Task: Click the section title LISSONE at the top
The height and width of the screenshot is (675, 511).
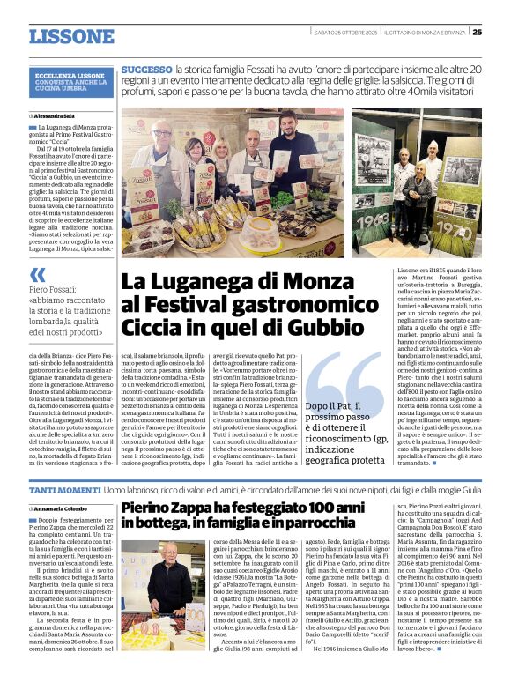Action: point(71,36)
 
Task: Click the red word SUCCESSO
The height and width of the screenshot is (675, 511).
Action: point(146,69)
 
